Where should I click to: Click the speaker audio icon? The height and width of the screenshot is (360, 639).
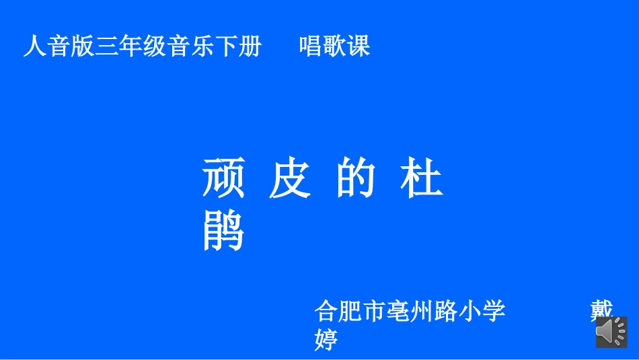[x=611, y=332]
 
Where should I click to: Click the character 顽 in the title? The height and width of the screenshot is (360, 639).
[x=223, y=178]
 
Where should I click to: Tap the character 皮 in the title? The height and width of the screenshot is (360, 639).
[x=290, y=178]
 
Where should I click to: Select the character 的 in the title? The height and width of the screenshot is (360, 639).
[x=356, y=178]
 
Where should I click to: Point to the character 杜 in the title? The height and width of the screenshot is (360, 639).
[x=422, y=178]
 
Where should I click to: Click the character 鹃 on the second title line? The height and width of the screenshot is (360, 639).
[x=223, y=231]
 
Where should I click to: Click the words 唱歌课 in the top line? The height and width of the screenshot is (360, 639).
[x=334, y=46]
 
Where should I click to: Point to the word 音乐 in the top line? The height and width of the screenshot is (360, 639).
[x=192, y=46]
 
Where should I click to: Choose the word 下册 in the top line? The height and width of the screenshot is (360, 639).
[x=239, y=46]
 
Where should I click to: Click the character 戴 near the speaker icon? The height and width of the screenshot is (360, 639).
[x=602, y=310]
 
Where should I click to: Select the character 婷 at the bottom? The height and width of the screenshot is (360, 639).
[x=326, y=339]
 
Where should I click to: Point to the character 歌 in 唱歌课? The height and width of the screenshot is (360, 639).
[x=334, y=46]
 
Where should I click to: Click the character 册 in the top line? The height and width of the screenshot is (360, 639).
[x=251, y=46]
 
